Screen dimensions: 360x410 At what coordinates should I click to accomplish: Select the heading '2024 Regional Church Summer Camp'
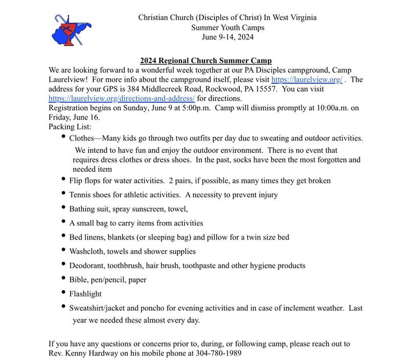click(206, 61)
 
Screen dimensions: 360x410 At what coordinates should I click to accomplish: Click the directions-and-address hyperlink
click(121, 98)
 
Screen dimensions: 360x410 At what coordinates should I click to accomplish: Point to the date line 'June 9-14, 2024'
click(228, 37)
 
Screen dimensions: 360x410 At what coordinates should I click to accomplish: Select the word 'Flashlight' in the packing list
click(85, 294)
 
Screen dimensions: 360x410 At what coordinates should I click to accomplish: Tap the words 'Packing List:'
click(70, 127)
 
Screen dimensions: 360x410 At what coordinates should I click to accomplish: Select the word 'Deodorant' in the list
click(86, 266)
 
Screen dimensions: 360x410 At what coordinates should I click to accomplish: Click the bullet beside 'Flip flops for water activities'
click(63, 179)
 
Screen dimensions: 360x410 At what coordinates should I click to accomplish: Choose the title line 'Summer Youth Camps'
click(228, 27)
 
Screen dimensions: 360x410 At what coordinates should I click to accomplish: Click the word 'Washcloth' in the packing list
click(87, 251)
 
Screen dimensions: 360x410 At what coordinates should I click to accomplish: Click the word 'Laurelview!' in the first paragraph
click(70, 79)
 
